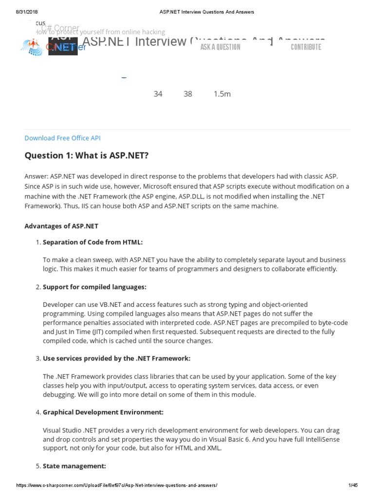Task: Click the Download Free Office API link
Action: [62, 138]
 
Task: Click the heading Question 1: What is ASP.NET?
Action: [86, 155]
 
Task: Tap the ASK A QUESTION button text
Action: [220, 47]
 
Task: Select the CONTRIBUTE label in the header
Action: [306, 47]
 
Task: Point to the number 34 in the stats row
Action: [158, 94]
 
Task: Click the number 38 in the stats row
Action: [188, 94]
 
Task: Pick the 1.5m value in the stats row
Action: [222, 94]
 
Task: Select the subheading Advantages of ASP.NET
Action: [61, 226]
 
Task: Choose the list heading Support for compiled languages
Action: [94, 287]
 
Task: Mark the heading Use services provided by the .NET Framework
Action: [116, 358]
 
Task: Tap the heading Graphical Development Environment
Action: [103, 412]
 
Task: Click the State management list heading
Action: [74, 466]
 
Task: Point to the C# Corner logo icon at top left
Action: [32, 46]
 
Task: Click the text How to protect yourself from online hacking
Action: [100, 32]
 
